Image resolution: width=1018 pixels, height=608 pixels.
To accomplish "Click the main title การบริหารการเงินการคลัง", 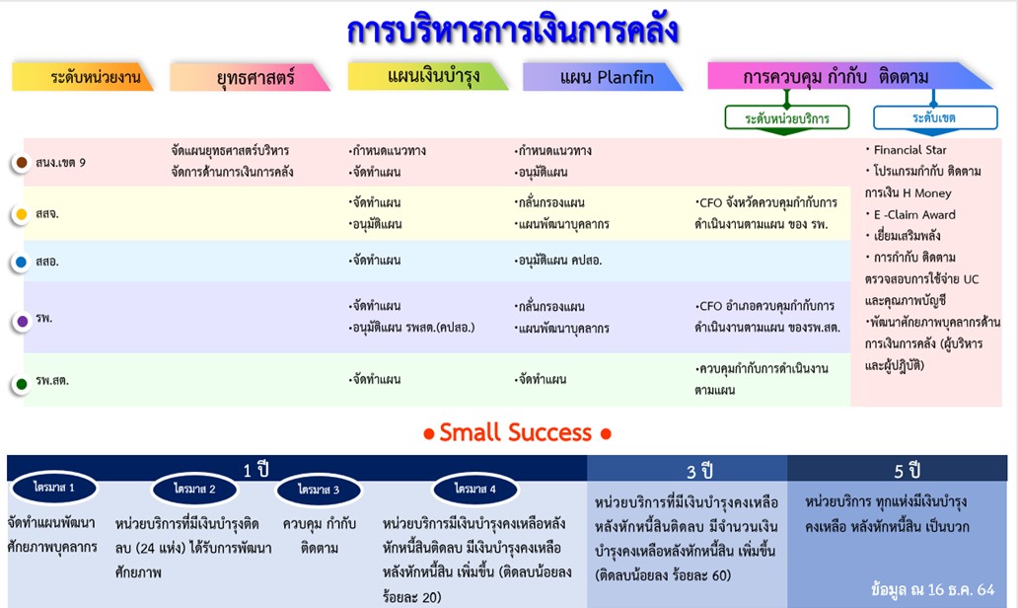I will point(512,31).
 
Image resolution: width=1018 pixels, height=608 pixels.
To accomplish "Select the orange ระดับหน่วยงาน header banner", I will point(85,77).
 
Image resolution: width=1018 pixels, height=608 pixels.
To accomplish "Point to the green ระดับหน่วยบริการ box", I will point(786,118).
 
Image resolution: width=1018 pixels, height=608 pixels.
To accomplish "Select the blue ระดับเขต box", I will point(933,118).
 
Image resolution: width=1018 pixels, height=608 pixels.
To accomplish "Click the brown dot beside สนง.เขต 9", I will point(21,162).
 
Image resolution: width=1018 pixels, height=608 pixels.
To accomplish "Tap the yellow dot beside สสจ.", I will point(21,213).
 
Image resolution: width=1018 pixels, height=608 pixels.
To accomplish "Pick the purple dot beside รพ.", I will point(22,321).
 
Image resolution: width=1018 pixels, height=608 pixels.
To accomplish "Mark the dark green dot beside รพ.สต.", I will point(21,383).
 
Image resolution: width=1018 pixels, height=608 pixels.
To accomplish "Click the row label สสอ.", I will point(47,263).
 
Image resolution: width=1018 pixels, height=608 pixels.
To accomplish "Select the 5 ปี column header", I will point(907,470).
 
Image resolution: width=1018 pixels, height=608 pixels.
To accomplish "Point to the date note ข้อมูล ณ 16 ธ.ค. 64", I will point(932,589).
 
